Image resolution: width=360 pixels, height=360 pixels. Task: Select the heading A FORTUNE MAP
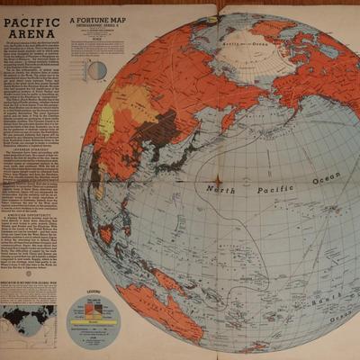coord(102,21)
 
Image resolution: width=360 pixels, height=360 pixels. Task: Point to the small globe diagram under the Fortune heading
coord(95,69)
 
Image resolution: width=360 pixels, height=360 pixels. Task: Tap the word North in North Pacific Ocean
coord(221,190)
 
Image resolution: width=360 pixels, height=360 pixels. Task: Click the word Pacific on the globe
coord(274,190)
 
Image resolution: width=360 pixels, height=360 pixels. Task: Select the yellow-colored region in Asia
coord(107,121)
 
